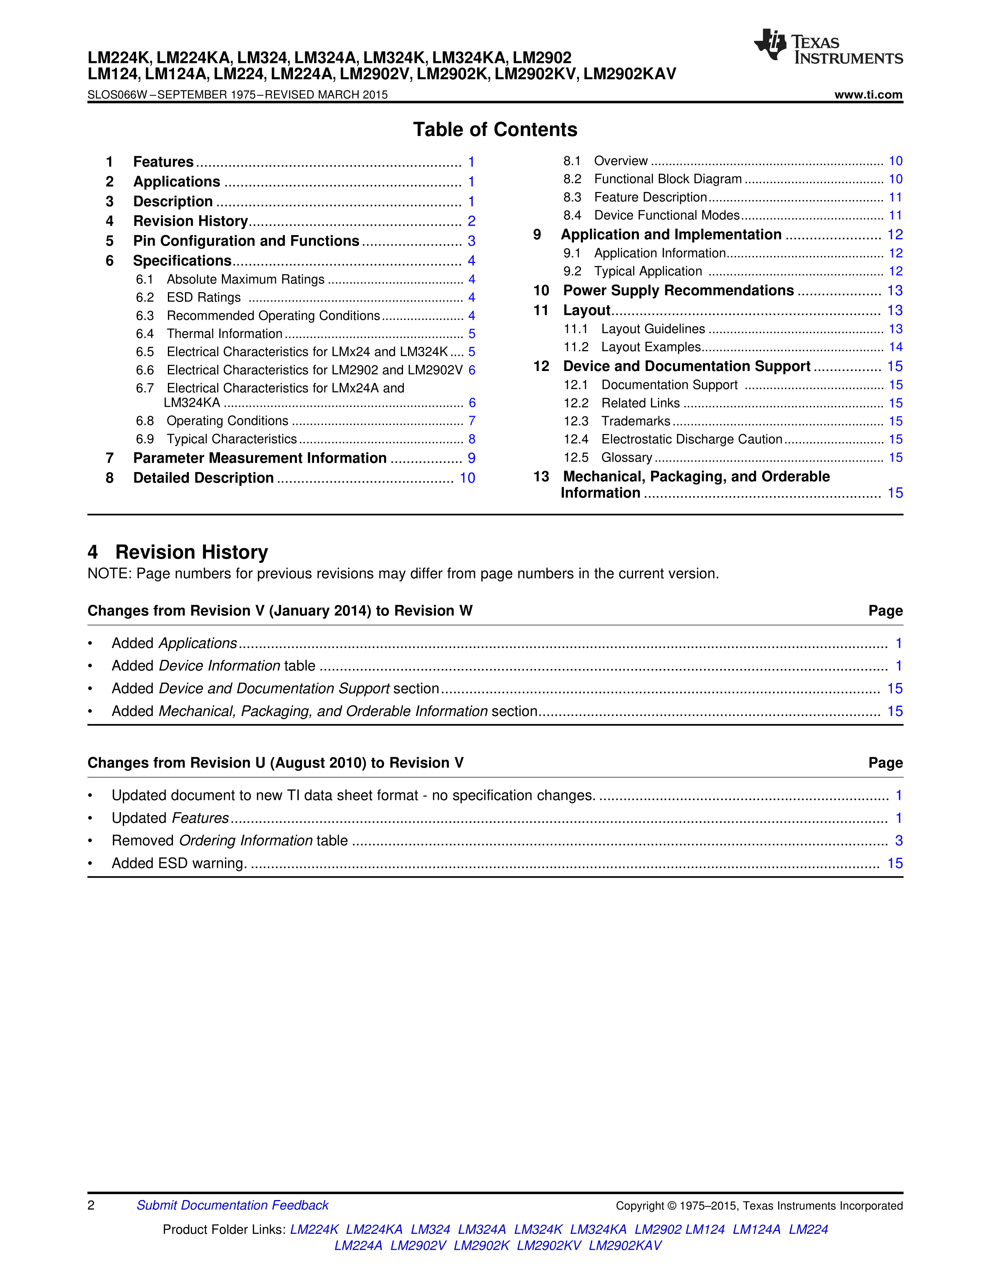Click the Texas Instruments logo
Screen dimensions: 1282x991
tap(828, 47)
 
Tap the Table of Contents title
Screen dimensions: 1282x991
tap(495, 130)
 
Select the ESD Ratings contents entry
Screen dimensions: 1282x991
tap(204, 298)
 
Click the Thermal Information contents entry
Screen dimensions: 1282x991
tap(224, 334)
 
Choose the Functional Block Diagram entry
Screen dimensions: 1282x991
tap(668, 179)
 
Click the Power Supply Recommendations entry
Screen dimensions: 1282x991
tap(678, 291)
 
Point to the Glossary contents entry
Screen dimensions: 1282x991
tap(626, 458)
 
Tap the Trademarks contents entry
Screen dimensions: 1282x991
tap(635, 422)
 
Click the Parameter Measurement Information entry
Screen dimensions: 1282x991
tap(260, 458)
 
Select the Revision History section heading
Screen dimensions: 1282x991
tap(191, 552)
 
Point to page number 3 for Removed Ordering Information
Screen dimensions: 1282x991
tap(898, 841)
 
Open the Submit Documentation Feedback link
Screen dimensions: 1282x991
tap(232, 1205)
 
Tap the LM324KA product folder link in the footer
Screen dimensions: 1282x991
tap(598, 1229)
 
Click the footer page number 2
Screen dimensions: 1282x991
tap(91, 1205)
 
